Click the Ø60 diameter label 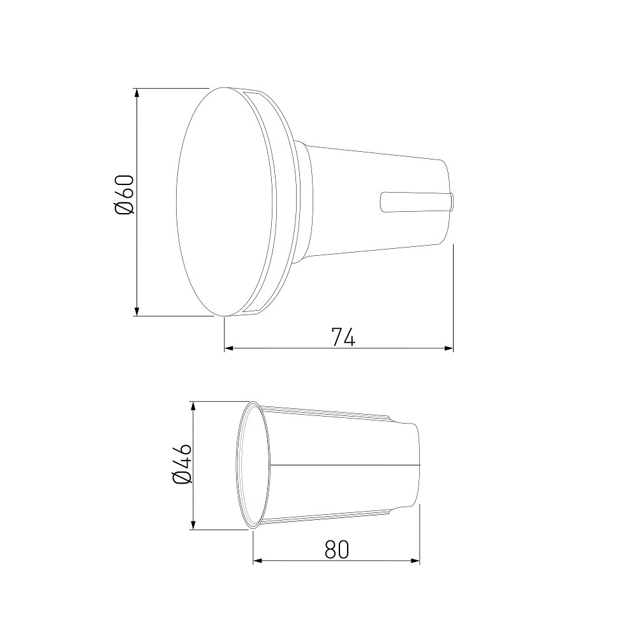coord(124,195)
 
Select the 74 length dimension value coord(343,337)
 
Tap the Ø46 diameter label coord(182,464)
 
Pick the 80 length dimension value coord(338,549)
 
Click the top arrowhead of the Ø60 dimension coord(137,93)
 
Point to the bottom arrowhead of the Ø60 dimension coord(137,311)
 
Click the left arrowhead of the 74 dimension coord(229,348)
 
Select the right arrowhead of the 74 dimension coord(448,348)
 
